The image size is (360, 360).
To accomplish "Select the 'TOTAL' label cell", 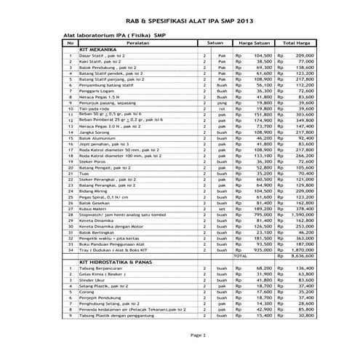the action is point(240,256).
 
